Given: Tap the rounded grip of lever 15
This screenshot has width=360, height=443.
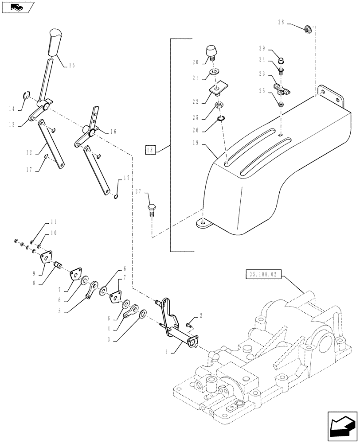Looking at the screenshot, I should click(x=56, y=42).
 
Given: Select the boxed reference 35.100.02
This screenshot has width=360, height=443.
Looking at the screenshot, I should click(x=262, y=275).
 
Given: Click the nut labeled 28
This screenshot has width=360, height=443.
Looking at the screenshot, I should click(x=306, y=30).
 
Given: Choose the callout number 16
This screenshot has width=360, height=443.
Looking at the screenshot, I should click(x=113, y=132).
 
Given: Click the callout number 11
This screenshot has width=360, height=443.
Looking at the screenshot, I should click(x=54, y=221).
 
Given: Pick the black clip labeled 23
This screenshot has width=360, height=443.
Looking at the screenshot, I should click(x=279, y=88).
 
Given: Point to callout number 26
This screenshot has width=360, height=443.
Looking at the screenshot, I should click(x=196, y=130).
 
